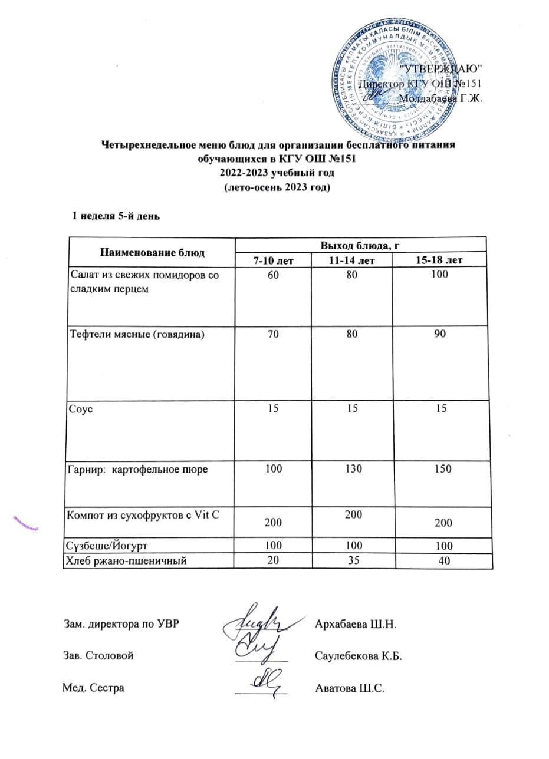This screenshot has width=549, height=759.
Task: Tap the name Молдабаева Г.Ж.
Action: (441, 98)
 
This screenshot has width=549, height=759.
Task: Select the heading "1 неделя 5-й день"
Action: (116, 216)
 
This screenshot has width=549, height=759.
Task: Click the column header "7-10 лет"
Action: (273, 260)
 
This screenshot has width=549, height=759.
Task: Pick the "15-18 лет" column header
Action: (443, 260)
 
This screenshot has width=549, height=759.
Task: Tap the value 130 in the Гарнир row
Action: (360, 469)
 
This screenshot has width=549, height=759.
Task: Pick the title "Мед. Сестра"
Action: (94, 688)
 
